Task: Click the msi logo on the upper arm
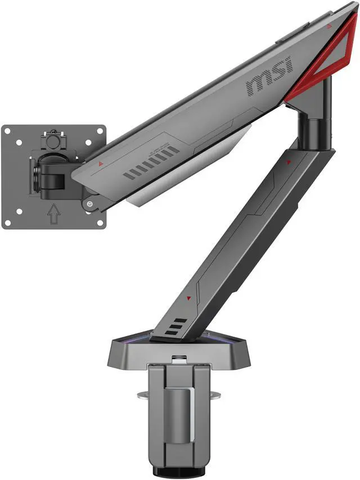[x=271, y=78]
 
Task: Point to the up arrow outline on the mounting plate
[x=54, y=214]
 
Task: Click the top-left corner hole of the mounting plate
[x=9, y=130]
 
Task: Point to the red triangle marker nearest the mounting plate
[x=101, y=164]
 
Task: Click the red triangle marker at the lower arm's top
[x=289, y=162]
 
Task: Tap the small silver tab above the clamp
[x=177, y=357]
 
